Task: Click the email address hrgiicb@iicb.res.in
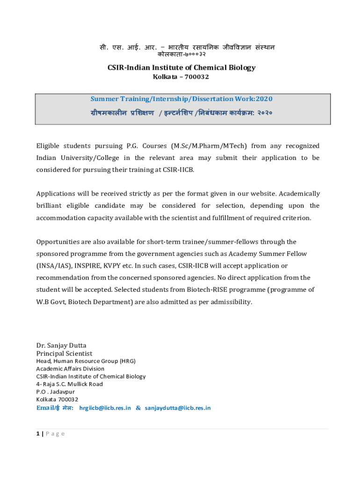coord(105,408)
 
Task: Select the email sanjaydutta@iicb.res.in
coord(178,408)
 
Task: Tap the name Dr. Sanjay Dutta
coord(61,346)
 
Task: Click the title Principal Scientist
coord(65,354)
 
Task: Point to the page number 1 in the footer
coord(38,434)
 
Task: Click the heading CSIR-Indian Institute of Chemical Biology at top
coord(181,67)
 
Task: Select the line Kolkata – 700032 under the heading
coord(181,77)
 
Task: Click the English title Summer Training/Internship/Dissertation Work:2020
coord(181,99)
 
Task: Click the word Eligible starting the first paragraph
coord(49,146)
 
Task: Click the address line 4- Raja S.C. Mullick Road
coord(70,384)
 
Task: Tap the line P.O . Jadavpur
coord(56,392)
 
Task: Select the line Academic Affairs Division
coord(71,369)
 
